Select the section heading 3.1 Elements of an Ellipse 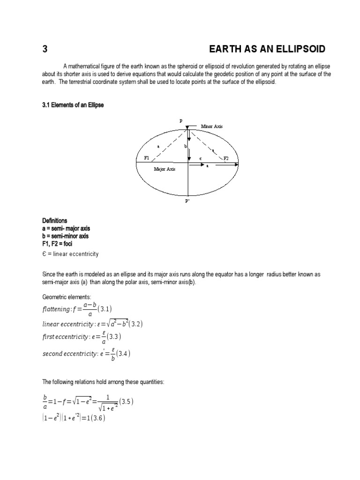point(73,105)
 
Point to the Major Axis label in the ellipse point(164,169)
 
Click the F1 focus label point(146,158)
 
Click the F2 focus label point(226,158)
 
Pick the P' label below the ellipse point(187,201)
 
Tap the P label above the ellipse point(180,120)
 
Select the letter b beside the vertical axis point(185,147)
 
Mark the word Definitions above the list point(55,220)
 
